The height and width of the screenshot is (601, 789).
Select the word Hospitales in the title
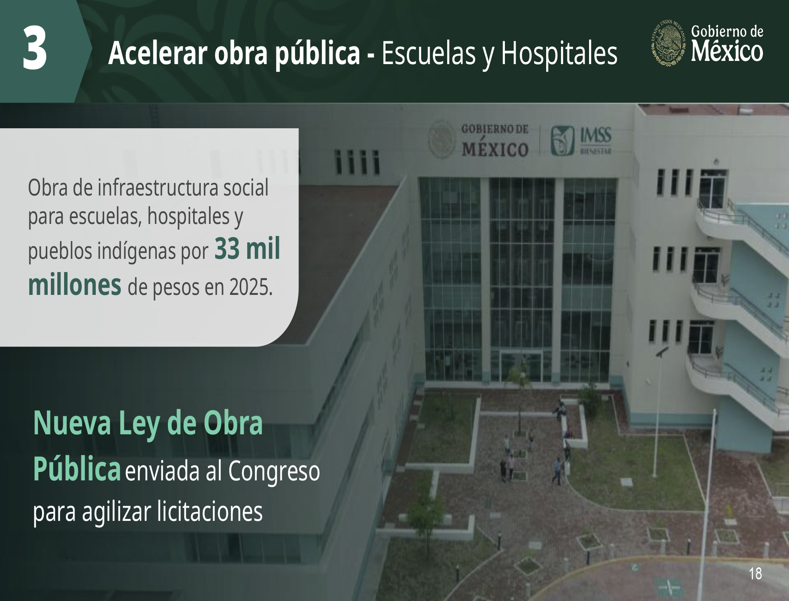559,54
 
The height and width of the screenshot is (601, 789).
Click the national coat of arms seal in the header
668,42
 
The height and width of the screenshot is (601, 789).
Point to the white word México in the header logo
727,51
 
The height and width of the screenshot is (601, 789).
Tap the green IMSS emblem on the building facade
563,141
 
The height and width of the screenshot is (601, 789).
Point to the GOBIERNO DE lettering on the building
495,129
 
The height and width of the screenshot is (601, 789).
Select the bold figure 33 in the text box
227,249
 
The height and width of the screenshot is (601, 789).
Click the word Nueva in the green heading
72,423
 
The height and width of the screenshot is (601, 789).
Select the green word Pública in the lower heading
77,469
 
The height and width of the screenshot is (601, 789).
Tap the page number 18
755,574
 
